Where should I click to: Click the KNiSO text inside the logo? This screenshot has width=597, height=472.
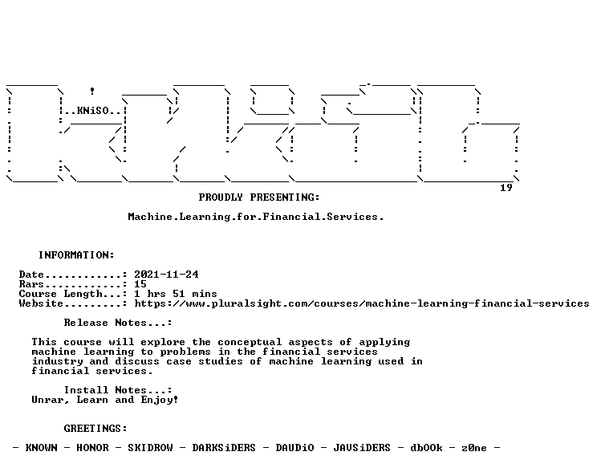[x=93, y=111]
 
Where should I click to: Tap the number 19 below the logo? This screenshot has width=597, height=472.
[x=506, y=187]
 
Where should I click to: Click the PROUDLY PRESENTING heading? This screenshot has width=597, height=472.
[x=259, y=197]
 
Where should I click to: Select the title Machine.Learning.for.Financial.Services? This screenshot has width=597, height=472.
[x=256, y=217]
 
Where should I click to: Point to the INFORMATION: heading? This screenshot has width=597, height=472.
[x=76, y=254]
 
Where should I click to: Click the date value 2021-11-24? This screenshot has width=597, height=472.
[x=166, y=275]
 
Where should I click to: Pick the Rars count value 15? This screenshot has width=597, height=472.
[x=140, y=284]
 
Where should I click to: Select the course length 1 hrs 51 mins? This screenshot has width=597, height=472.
[x=176, y=294]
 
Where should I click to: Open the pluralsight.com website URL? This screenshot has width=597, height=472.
[x=362, y=303]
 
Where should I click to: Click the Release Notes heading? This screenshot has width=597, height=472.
[x=118, y=323]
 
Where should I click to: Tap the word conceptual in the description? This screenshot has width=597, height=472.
[x=250, y=342]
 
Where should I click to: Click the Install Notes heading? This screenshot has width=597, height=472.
[x=118, y=390]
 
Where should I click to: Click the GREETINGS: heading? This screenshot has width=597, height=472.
[x=95, y=429]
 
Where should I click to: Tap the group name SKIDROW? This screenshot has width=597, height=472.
[x=150, y=448]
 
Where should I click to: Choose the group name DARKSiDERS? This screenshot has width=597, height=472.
[x=224, y=448]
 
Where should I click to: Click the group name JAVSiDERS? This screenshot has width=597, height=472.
[x=362, y=448]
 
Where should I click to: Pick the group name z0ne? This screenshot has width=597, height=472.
[x=474, y=448]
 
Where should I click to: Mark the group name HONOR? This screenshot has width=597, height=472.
[x=92, y=448]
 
